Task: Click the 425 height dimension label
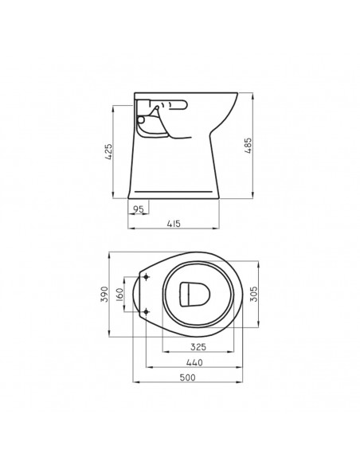(109, 152)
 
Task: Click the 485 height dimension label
(248, 145)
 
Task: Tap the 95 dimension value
(139, 209)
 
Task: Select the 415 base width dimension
(174, 224)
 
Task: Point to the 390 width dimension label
(104, 294)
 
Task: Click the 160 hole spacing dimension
(119, 294)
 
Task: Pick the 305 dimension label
(254, 294)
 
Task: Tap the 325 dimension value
(198, 346)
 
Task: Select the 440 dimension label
(194, 362)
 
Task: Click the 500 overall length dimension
(188, 377)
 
